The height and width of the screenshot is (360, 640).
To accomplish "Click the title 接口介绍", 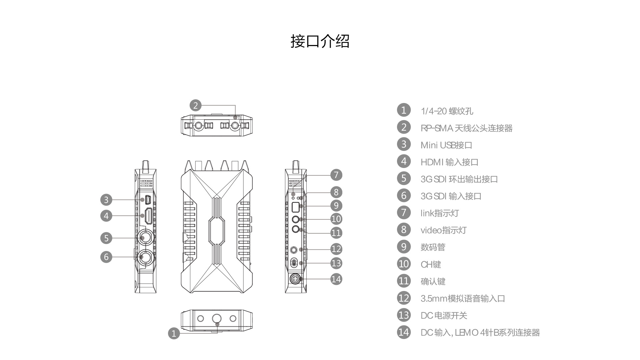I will pyautogui.click(x=320, y=41).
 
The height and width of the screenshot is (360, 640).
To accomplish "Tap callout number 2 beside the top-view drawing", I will pyautogui.click(x=196, y=105).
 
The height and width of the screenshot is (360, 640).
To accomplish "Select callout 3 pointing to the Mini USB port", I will pyautogui.click(x=106, y=200).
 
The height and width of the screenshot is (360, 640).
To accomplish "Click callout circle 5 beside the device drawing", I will pyautogui.click(x=106, y=238).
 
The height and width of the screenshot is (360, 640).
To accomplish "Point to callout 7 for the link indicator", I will pyautogui.click(x=336, y=175).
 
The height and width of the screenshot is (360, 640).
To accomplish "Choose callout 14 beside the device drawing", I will pyautogui.click(x=336, y=279).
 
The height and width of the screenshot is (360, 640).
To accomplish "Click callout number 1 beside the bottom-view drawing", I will pyautogui.click(x=174, y=333).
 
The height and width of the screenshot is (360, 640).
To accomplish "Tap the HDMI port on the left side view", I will pyautogui.click(x=149, y=216).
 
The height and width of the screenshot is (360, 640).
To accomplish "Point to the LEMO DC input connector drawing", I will pyautogui.click(x=295, y=278).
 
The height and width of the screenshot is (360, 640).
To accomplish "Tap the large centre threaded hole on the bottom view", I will pyautogui.click(x=217, y=318).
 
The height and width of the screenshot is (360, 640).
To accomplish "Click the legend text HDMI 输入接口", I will pyautogui.click(x=449, y=162).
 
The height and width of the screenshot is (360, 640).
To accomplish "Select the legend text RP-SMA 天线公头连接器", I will pyautogui.click(x=466, y=128).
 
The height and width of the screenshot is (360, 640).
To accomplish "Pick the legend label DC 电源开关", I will pyautogui.click(x=444, y=315).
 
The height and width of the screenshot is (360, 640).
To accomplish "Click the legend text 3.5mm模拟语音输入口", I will pyautogui.click(x=463, y=298).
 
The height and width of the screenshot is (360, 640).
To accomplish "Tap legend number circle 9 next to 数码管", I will pyautogui.click(x=404, y=247).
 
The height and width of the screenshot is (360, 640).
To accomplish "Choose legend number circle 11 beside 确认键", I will pyautogui.click(x=404, y=281).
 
